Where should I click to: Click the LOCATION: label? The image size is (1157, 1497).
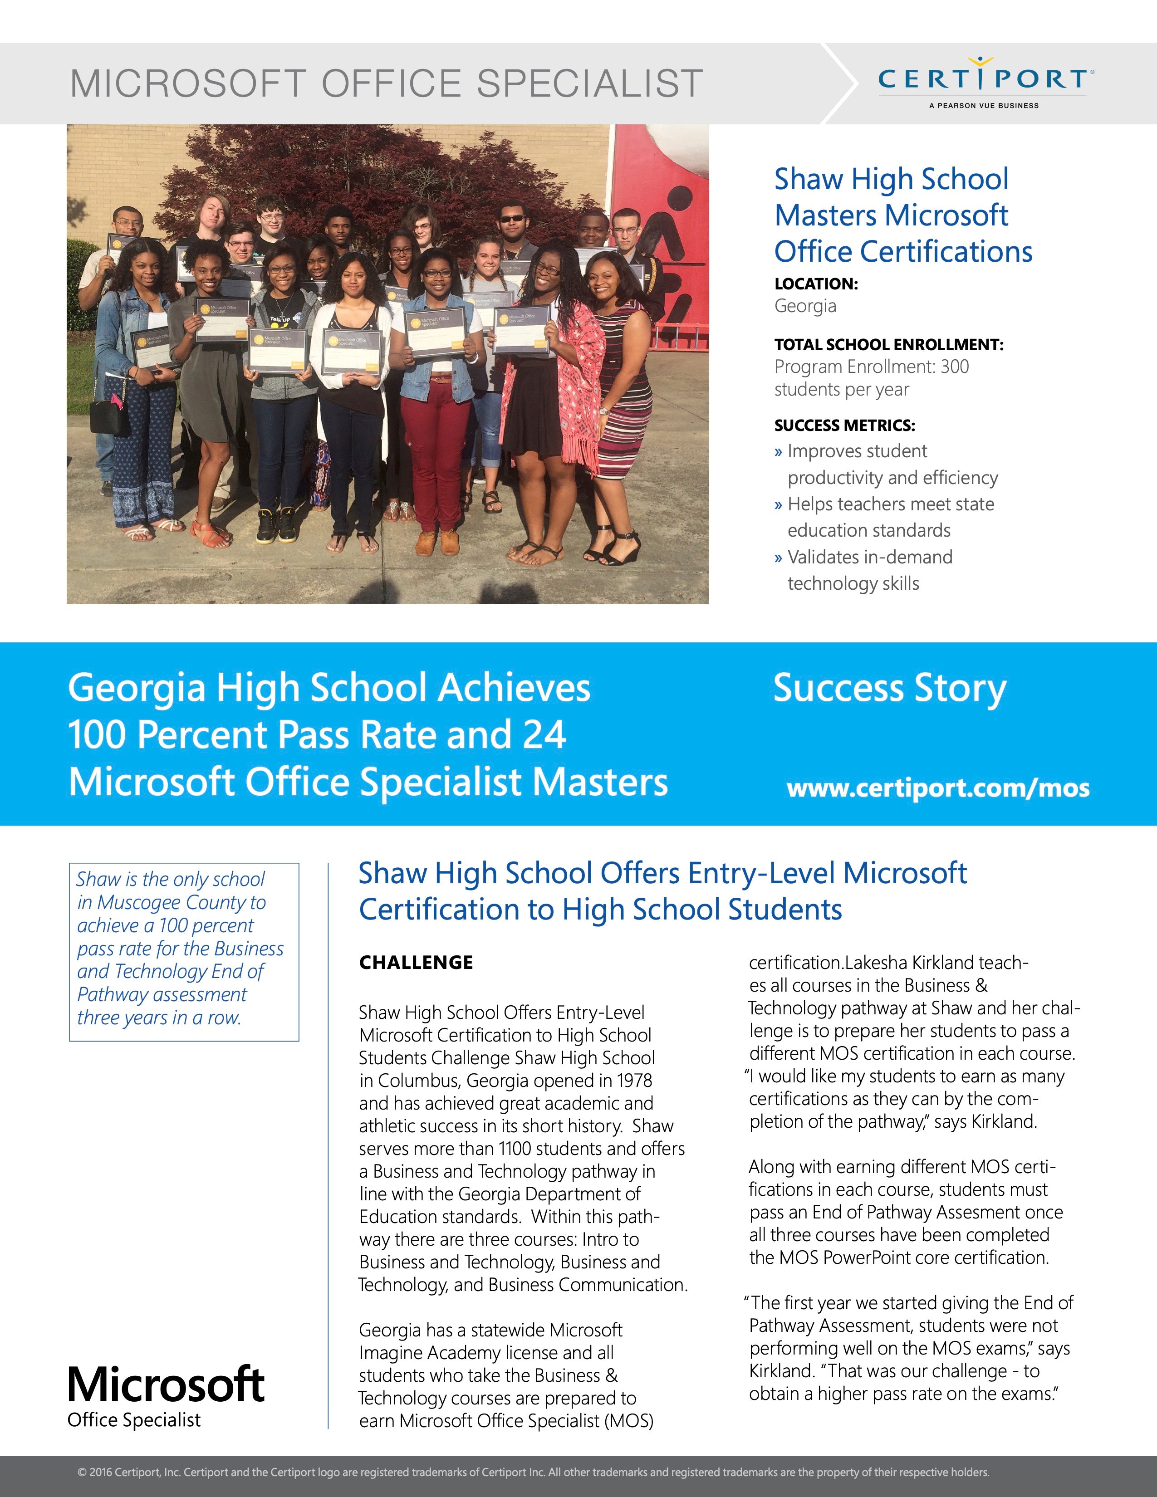[816, 284]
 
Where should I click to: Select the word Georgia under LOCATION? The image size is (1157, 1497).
[805, 306]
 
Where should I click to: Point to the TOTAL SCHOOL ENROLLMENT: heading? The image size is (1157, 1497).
[888, 345]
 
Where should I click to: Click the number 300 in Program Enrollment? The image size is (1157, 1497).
[954, 367]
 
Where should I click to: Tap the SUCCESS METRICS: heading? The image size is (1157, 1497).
[844, 426]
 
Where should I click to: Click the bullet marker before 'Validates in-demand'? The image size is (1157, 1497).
[778, 558]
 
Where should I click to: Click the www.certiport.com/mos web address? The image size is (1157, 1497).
[938, 788]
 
